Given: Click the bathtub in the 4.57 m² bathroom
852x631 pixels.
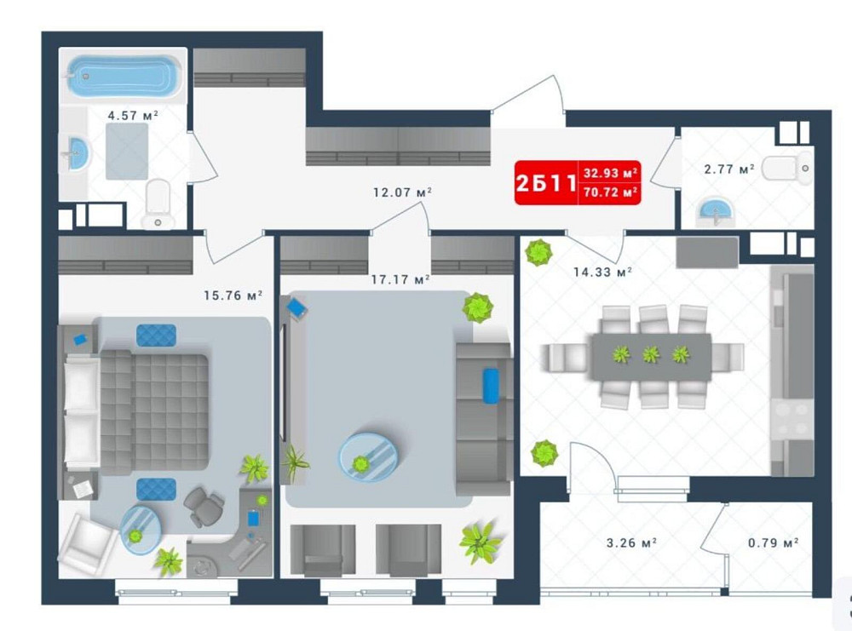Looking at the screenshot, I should (x=123, y=77).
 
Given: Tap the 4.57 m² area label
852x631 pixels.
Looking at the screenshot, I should (x=132, y=114).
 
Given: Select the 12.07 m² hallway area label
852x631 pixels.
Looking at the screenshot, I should (x=402, y=192).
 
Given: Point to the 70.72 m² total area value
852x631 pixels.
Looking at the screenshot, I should (x=611, y=193).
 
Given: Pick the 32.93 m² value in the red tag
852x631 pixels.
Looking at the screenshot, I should (x=611, y=173).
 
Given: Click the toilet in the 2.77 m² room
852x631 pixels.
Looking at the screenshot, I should (x=787, y=169).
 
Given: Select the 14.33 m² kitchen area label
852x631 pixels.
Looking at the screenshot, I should (x=602, y=272).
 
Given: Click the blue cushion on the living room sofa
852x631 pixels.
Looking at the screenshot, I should (x=491, y=385).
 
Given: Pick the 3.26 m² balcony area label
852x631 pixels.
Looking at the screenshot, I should (x=630, y=542).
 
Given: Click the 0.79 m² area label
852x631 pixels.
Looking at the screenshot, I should (x=772, y=542).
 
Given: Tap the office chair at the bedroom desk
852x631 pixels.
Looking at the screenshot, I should (x=203, y=507).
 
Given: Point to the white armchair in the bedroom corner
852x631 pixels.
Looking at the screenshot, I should (x=87, y=544).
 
